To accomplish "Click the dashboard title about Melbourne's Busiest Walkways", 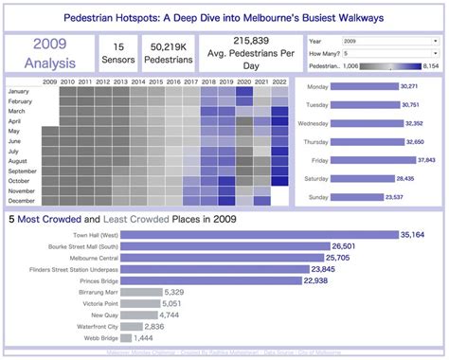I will (x=224, y=17).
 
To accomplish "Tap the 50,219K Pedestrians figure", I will (x=167, y=52).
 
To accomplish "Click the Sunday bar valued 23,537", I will (x=350, y=197).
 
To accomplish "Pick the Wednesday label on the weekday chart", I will (x=315, y=123).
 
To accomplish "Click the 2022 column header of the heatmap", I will (x=279, y=82).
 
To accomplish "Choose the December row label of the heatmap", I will (x=22, y=200).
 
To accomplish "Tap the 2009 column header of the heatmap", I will (x=49, y=82).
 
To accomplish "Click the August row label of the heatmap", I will (x=24, y=160).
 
